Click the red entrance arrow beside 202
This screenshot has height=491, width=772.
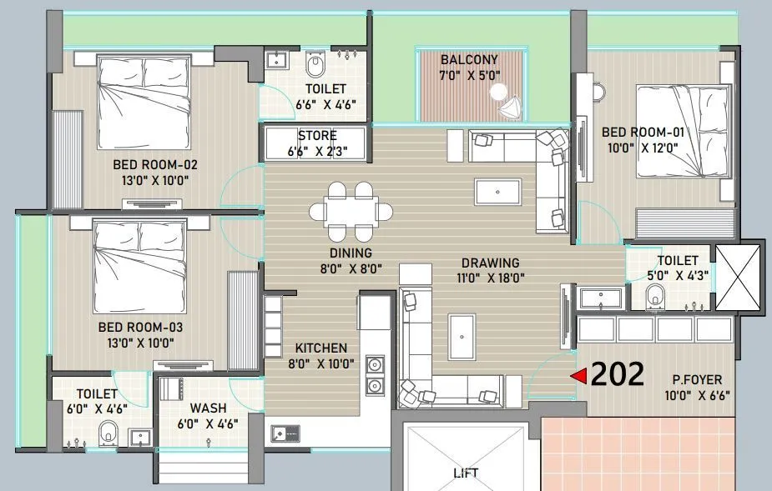(x=578, y=376)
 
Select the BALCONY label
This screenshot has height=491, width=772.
(x=469, y=60)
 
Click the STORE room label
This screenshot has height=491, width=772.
(x=317, y=136)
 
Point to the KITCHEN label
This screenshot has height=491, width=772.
(x=320, y=348)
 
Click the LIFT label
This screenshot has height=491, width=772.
(x=466, y=473)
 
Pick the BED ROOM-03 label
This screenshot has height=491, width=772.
(x=140, y=328)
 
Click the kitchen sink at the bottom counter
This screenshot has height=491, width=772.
(x=285, y=433)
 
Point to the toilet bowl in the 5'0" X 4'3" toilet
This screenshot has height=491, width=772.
(x=656, y=294)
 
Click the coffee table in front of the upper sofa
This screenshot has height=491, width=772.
(x=497, y=192)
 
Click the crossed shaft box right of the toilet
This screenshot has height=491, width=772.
(x=739, y=279)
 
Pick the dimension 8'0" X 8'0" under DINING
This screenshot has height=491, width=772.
(x=350, y=268)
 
